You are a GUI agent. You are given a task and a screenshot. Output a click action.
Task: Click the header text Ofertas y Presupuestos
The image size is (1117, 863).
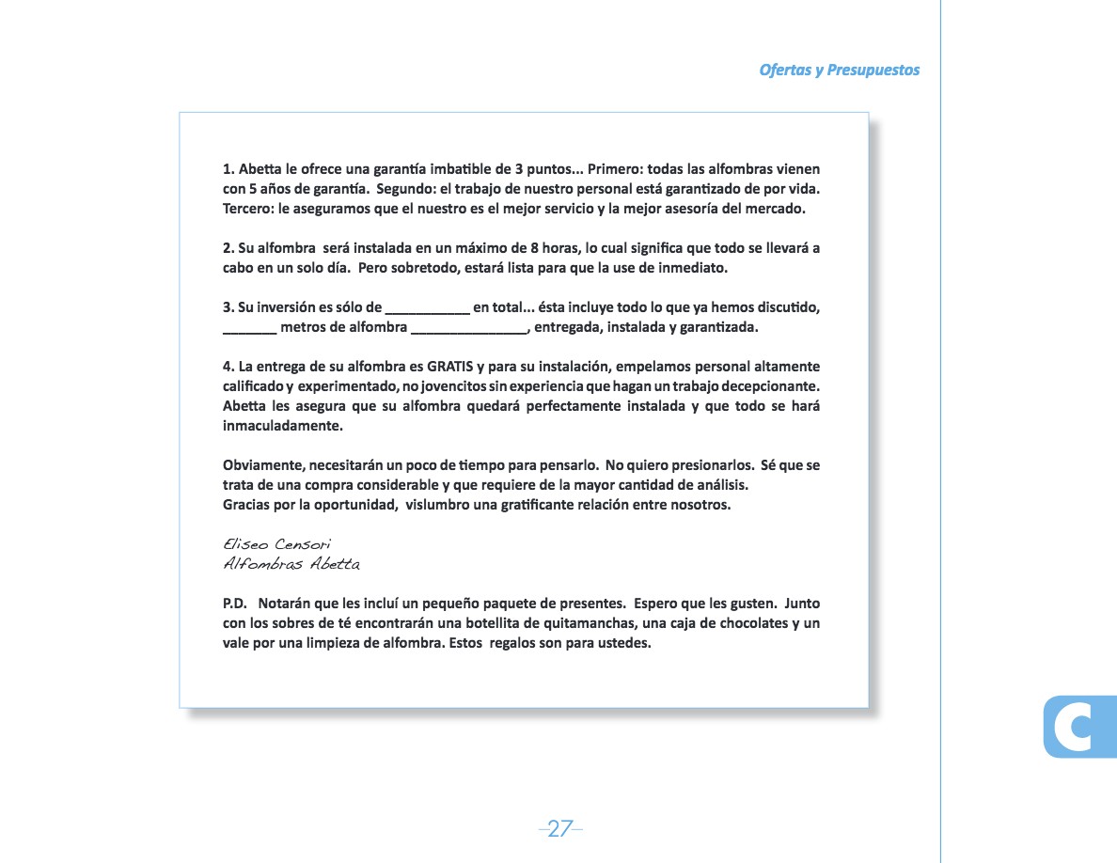[839, 71]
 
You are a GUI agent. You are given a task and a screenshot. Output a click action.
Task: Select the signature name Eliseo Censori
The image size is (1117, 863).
[264, 544]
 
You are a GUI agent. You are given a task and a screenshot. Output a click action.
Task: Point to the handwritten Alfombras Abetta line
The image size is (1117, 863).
[291, 564]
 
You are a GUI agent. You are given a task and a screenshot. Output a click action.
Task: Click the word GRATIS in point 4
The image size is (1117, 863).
[449, 367]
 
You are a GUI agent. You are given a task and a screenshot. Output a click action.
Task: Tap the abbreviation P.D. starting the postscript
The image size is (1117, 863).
[235, 604]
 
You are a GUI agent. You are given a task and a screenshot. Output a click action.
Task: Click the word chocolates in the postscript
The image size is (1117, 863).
[742, 623]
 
